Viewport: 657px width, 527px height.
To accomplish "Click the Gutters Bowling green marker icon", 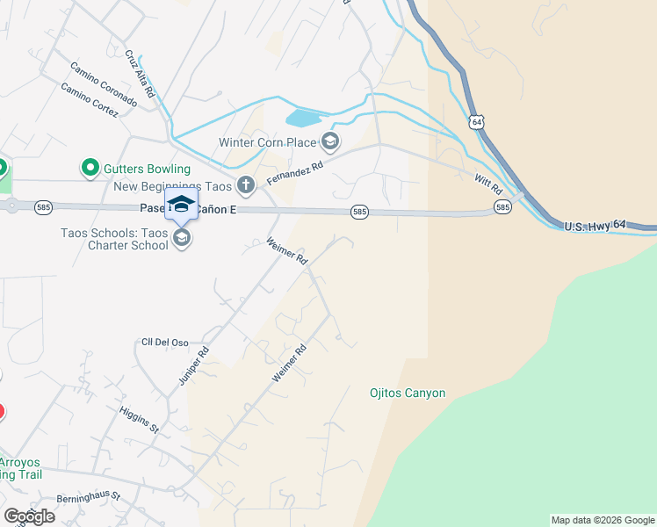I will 89,167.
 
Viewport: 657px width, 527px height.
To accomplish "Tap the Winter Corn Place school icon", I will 329,141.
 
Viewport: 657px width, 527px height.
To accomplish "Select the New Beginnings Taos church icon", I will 246,185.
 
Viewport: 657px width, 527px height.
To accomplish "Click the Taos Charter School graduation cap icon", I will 182,238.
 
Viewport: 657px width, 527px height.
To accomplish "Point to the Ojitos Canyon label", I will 407,393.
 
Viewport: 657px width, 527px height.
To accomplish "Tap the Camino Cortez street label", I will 89,100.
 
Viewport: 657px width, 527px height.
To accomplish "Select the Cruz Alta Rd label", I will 140,73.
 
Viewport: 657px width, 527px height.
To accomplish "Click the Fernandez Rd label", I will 296,171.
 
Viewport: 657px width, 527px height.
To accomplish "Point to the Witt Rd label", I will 487,185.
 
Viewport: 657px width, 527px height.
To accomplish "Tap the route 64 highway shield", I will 475,122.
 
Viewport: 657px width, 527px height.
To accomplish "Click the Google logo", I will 29,516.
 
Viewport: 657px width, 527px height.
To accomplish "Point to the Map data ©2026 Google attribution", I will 602,520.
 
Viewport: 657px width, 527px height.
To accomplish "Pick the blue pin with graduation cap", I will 181,206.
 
